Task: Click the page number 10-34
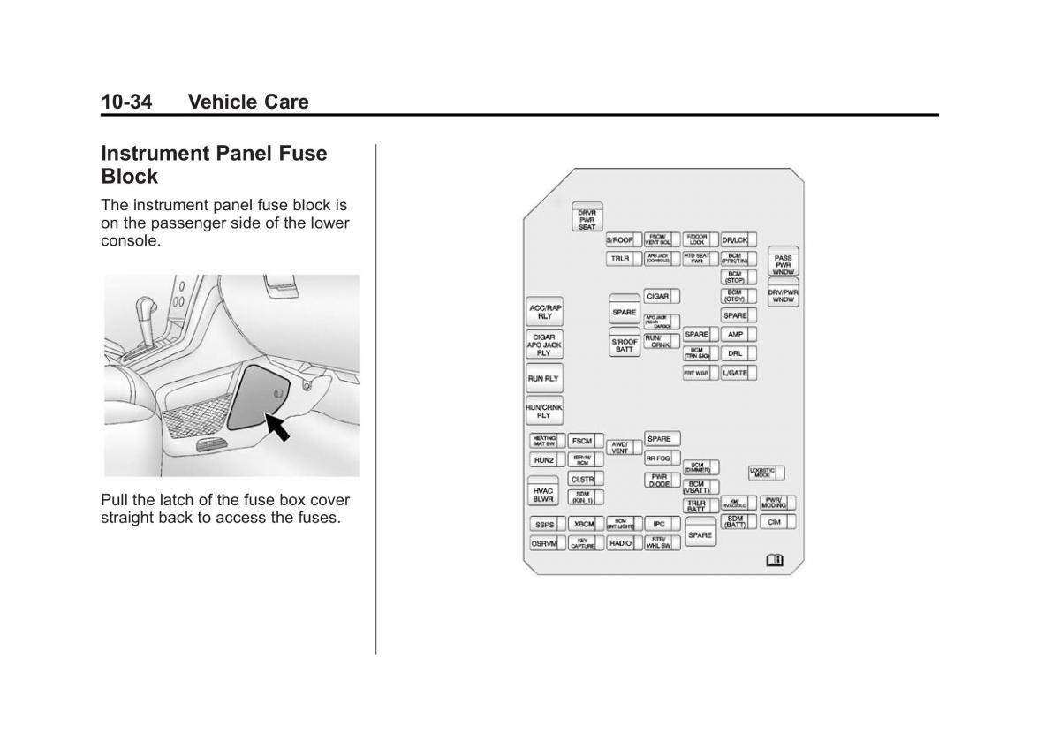click(125, 102)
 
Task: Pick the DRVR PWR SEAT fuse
click(587, 217)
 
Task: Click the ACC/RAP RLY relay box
click(544, 312)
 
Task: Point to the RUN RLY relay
click(544, 378)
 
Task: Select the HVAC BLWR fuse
click(543, 494)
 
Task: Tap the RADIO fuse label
click(620, 543)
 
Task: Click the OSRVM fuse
click(544, 544)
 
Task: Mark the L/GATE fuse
click(734, 373)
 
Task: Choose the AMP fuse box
click(735, 335)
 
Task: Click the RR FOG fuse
click(658, 458)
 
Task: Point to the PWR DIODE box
click(659, 481)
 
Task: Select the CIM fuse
click(775, 522)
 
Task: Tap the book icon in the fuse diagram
click(775, 560)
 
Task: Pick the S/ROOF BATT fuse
click(625, 344)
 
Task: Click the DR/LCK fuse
click(735, 239)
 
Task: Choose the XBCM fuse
click(583, 524)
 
